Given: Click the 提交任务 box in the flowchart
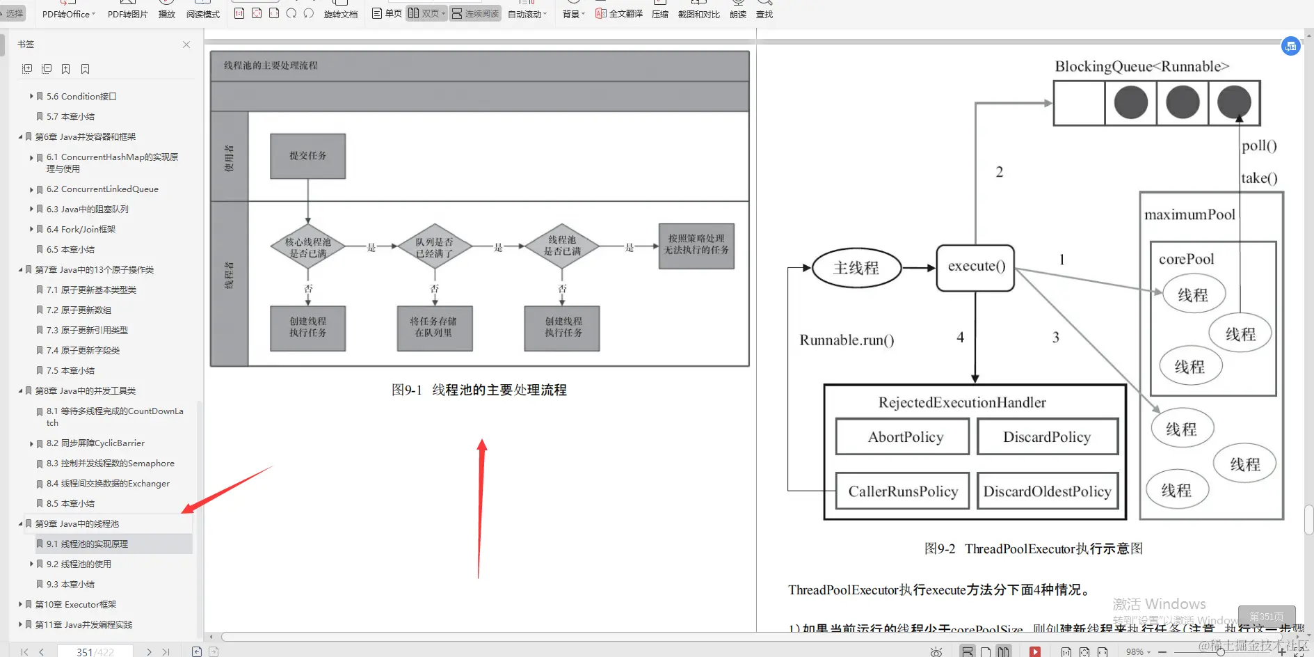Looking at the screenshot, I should pos(307,156).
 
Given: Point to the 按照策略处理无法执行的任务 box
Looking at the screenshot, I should pos(696,245).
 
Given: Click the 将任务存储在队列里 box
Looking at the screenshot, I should pos(434,328).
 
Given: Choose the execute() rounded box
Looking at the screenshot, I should pos(975,267).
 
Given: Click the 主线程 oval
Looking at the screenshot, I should pos(856,268).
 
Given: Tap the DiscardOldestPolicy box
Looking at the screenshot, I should pos(1047,491).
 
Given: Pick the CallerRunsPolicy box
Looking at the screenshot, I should pos(902,491).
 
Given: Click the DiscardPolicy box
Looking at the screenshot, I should pos(1047,437).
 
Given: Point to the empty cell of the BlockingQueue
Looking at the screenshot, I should pos(1079,103).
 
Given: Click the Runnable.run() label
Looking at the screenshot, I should pos(847,340).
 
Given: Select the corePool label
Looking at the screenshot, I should pos(1186,260).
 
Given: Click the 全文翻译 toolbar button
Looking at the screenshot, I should pos(619,14).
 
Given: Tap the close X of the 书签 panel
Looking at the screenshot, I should pos(186,45).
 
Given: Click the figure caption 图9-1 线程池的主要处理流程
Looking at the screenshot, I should pos(479,390).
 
